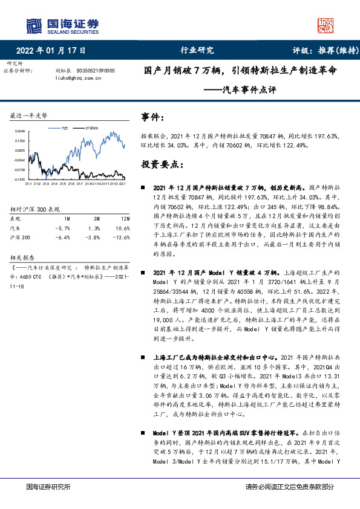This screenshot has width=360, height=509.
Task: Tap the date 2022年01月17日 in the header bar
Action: coord(50,51)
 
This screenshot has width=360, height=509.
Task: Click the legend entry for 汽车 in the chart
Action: coord(64,129)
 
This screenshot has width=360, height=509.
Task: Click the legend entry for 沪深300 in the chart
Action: coord(91,129)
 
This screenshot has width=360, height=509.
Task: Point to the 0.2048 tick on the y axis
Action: coord(20,131)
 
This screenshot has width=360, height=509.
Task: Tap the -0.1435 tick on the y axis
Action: coord(20,180)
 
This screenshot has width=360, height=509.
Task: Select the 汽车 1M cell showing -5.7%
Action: coord(64,228)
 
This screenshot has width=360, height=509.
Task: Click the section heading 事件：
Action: coord(153,117)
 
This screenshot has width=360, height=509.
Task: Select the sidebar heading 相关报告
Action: coord(23,256)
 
